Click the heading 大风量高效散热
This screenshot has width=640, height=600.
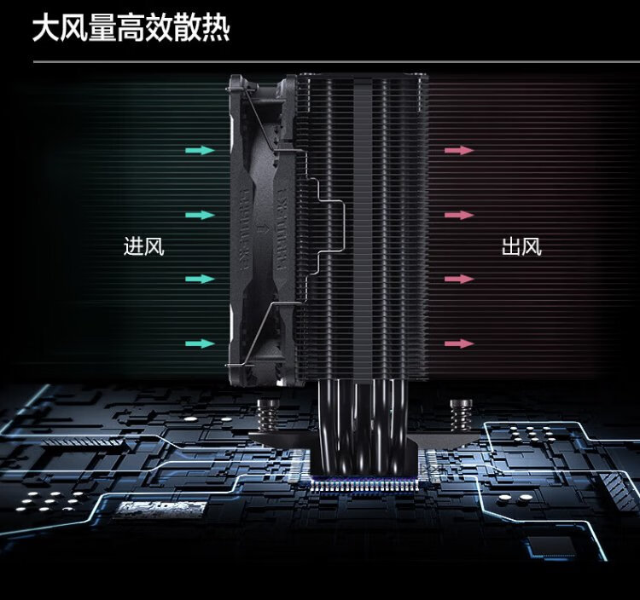coord(131,30)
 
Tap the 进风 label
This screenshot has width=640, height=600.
coord(143,247)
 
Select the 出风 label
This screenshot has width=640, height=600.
coord(521,247)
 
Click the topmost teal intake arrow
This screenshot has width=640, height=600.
coord(200,150)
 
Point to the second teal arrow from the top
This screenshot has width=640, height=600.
coord(200,215)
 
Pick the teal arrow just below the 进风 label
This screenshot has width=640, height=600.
coord(200,279)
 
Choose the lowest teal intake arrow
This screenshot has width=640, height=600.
coord(200,343)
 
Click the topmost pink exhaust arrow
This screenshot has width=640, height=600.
coord(459,150)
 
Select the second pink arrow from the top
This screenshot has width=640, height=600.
coord(459,215)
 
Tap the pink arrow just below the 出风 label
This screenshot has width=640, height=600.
coord(459,279)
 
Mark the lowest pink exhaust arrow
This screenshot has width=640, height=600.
coord(459,343)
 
